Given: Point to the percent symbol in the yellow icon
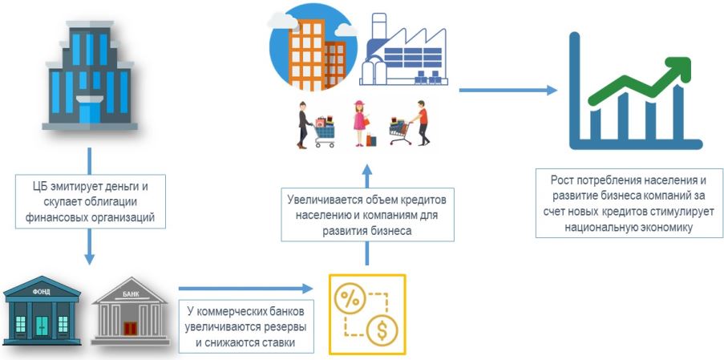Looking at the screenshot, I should pos(350,299).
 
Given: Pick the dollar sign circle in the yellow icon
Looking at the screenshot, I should pos(383,330).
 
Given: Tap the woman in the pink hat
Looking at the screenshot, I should pos(361,123).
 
